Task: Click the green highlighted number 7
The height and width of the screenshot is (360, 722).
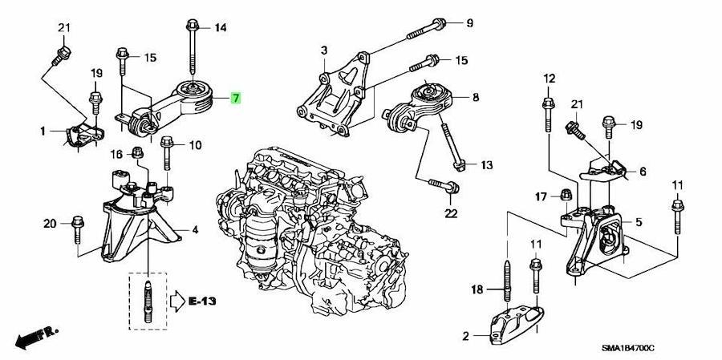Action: tap(235, 98)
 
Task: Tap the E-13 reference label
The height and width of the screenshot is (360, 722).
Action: tap(203, 301)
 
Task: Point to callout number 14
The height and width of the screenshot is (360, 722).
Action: tap(221, 27)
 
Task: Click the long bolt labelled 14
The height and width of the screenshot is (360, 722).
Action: tap(193, 47)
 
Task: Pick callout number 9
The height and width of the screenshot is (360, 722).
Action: tap(469, 22)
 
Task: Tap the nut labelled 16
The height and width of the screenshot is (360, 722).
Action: tap(137, 152)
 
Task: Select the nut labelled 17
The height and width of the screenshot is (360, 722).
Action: tap(566, 195)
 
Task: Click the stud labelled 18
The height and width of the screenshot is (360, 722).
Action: tap(507, 281)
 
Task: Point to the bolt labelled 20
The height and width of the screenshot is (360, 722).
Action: tap(77, 229)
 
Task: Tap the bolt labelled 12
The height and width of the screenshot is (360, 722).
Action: tap(548, 115)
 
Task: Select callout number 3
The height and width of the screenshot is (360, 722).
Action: tap(324, 51)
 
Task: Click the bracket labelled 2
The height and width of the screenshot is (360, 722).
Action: tap(517, 325)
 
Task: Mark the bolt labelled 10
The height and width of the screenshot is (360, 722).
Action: tap(167, 153)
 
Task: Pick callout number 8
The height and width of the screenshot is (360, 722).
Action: tap(476, 97)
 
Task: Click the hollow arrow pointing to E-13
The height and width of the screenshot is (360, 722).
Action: tap(177, 301)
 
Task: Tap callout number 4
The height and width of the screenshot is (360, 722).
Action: tap(195, 229)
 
